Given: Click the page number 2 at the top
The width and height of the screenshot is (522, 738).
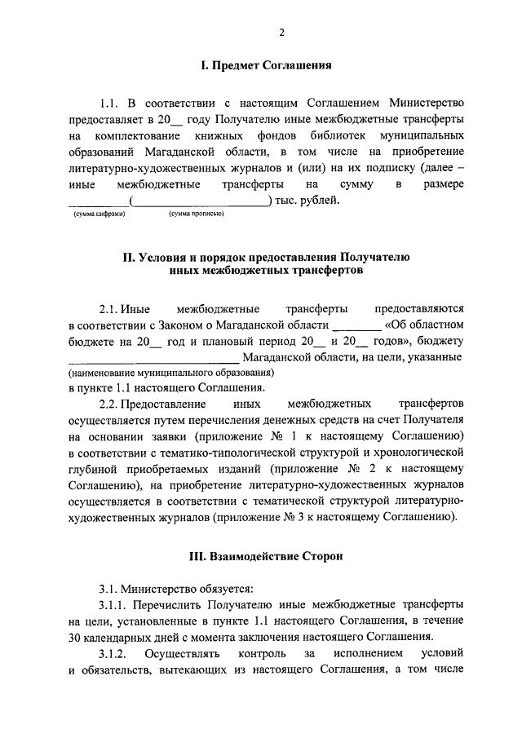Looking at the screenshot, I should pyautogui.click(x=281, y=33).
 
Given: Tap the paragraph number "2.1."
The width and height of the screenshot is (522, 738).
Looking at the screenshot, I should pyautogui.click(x=109, y=309).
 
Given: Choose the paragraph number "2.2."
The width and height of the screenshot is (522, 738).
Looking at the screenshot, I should pyautogui.click(x=109, y=404).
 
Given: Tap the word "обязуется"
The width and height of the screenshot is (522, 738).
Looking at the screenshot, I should pyautogui.click(x=215, y=590).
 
